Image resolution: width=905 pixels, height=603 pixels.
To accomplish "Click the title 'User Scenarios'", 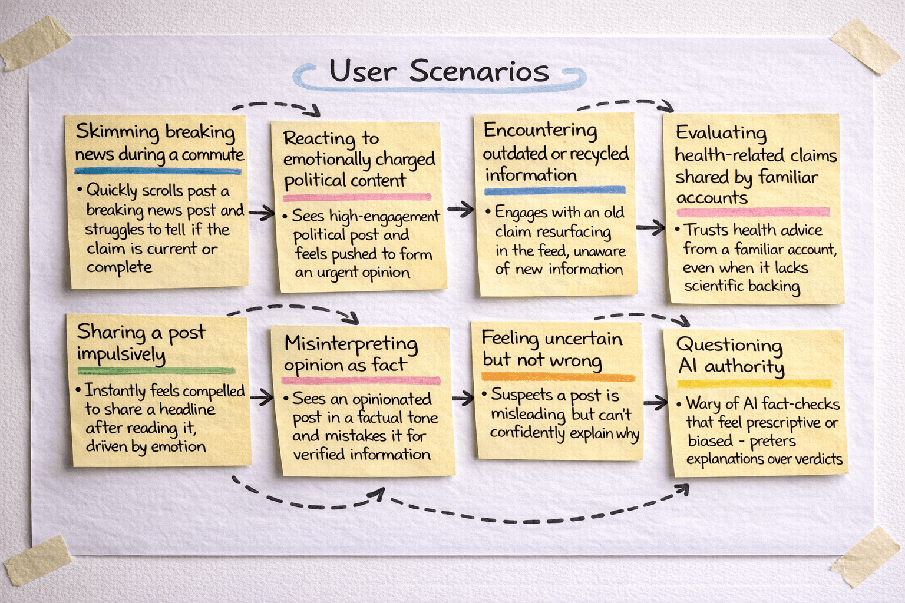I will [439, 71].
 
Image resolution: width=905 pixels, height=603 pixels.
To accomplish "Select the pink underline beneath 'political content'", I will [357, 197].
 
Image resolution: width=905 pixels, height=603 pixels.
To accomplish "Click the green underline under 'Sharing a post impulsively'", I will [156, 371].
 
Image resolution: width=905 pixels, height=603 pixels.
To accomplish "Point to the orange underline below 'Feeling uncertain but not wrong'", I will [558, 377].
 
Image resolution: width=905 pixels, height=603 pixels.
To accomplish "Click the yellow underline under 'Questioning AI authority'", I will [754, 384].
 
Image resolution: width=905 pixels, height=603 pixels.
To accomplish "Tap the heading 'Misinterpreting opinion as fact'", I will [351, 354].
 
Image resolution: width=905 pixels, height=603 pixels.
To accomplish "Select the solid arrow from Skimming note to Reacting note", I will [261, 212].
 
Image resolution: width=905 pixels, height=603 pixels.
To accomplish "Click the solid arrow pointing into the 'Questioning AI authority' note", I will [655, 403].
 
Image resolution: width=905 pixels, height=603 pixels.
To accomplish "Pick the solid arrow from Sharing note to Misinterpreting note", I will [262, 398].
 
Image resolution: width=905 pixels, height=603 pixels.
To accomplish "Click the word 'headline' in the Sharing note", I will [187, 409].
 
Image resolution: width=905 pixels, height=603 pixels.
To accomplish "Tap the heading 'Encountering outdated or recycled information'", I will [555, 153].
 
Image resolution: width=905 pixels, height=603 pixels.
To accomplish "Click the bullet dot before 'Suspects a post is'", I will [485, 393].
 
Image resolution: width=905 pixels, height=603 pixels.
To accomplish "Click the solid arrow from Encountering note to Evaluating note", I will [650, 227].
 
